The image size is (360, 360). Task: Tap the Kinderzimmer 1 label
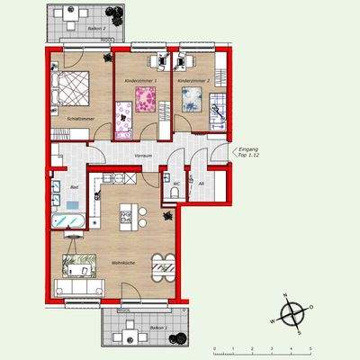(140, 81)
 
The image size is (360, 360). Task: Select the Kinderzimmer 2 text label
(193, 81)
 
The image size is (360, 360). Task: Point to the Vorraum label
(140, 154)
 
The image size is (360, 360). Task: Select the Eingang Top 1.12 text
(247, 153)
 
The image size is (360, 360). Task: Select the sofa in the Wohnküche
(79, 287)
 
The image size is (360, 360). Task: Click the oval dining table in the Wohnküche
(163, 265)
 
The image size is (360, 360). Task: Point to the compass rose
(293, 315)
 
